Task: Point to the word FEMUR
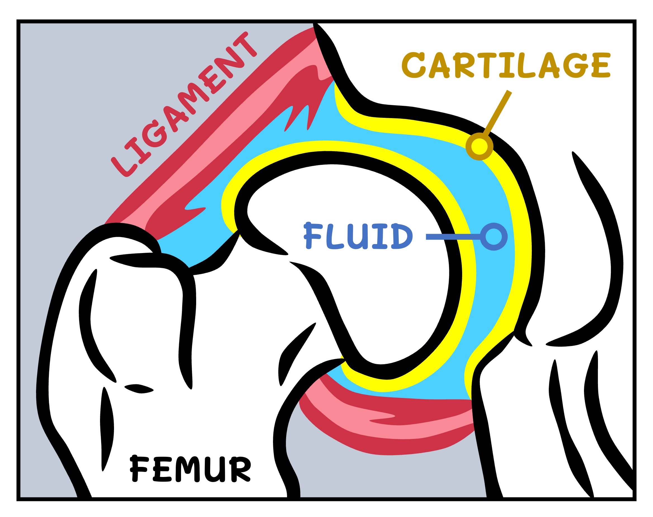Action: click(x=190, y=469)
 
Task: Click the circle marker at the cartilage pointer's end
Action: click(x=479, y=146)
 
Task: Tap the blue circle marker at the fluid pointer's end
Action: click(x=493, y=237)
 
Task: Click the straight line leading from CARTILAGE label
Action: click(x=497, y=112)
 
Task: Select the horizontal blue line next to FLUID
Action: click(x=452, y=237)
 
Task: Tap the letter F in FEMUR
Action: click(x=138, y=469)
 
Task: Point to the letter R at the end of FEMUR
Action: click(x=240, y=469)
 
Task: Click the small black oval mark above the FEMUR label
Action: click(x=139, y=389)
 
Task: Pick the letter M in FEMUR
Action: click(x=189, y=469)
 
